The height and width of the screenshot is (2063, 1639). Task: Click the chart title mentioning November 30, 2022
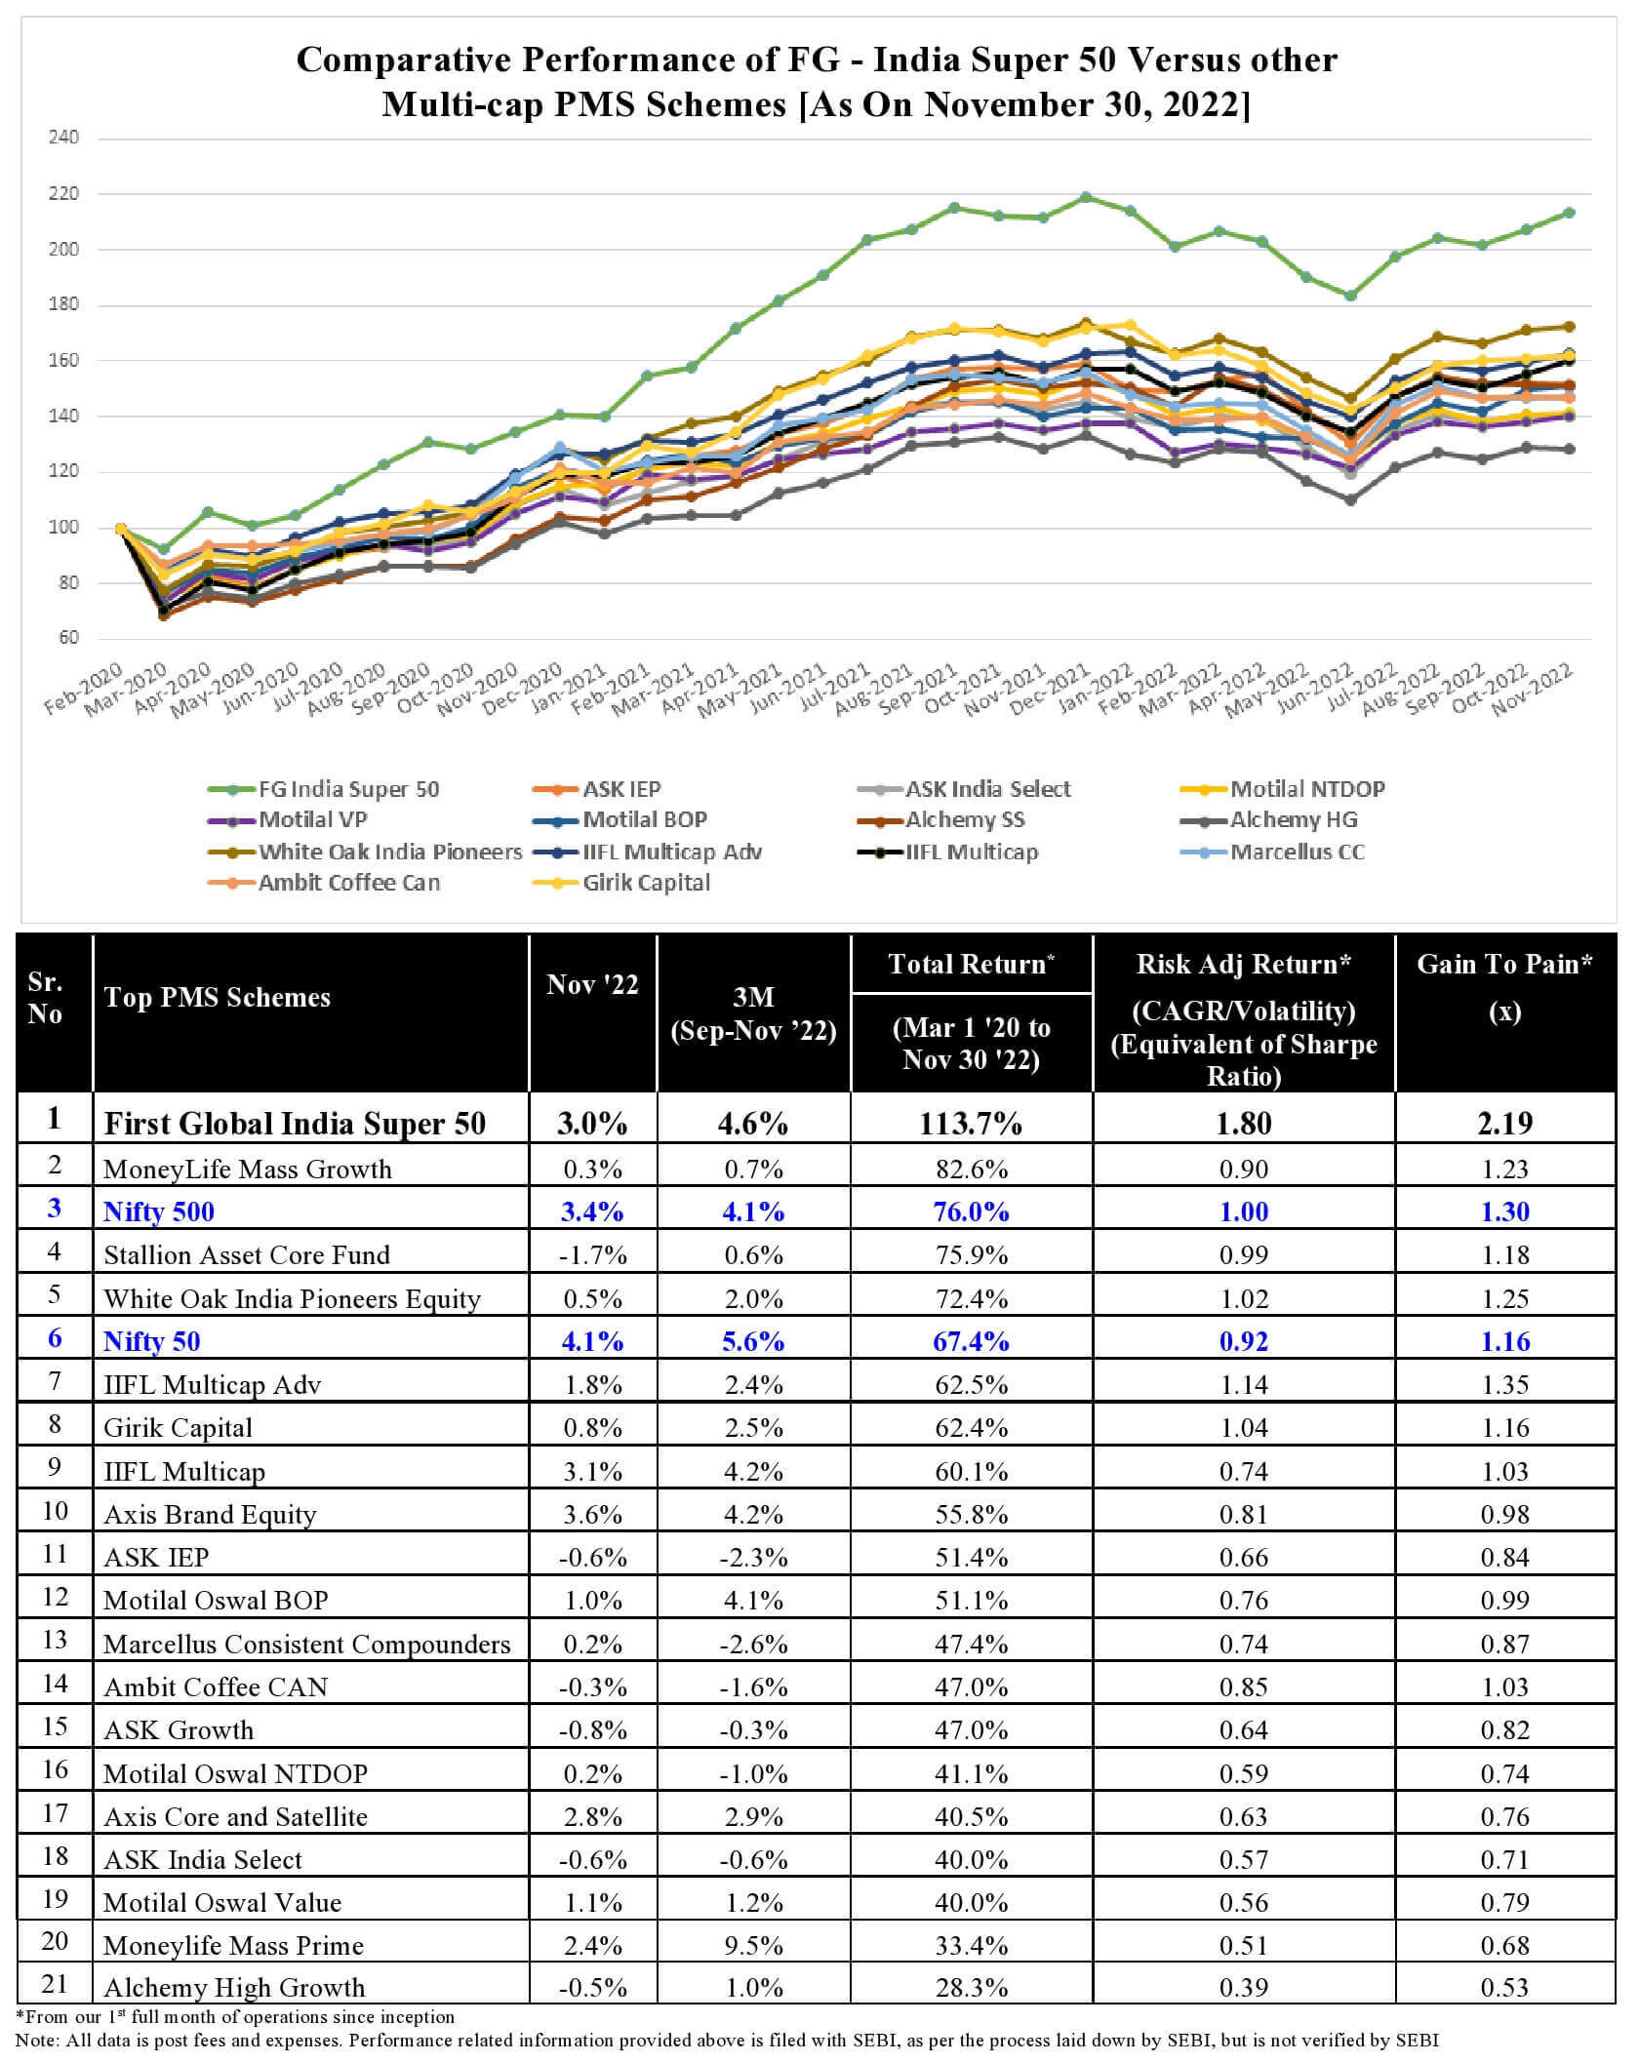817,81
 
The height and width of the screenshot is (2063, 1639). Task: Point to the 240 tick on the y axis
63,138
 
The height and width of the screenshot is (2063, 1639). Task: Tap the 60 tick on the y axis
67,638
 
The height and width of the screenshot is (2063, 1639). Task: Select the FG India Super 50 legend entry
348,789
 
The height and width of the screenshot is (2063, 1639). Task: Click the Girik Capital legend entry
646,883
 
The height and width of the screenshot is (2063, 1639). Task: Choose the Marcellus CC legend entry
1297,852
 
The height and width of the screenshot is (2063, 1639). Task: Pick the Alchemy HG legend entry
1293,819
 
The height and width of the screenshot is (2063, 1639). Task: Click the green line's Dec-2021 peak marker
1086,197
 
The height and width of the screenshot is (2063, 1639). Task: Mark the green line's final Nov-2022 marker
1569,213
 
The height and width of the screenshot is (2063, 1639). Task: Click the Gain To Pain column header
1504,986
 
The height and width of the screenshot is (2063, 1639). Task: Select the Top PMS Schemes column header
218,997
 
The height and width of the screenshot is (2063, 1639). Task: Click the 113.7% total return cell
970,1123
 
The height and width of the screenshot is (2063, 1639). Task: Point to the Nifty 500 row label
159,1211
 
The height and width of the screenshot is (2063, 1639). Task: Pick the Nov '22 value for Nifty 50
592,1341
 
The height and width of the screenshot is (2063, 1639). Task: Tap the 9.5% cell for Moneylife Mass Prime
753,1945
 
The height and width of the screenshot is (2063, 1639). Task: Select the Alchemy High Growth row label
234,1988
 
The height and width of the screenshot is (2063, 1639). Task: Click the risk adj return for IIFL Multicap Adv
1243,1384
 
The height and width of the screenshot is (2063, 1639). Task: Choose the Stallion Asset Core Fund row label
247,1254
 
